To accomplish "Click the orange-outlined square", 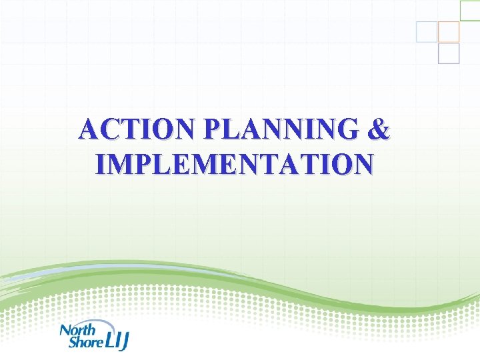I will (x=449, y=31).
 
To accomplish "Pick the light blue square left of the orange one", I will (x=427, y=31).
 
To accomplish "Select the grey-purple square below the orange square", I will (x=449, y=53).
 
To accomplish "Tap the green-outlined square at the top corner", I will (x=470, y=9).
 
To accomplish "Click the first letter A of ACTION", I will (x=87, y=129).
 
